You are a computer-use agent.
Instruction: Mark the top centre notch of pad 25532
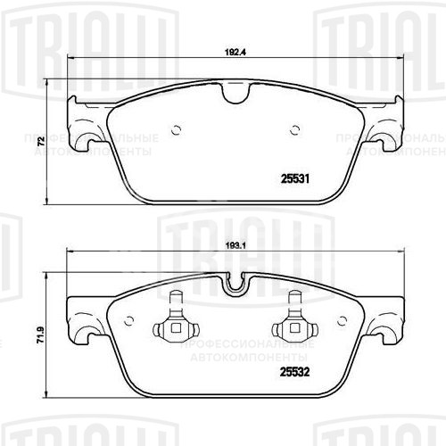[x=236, y=283]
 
